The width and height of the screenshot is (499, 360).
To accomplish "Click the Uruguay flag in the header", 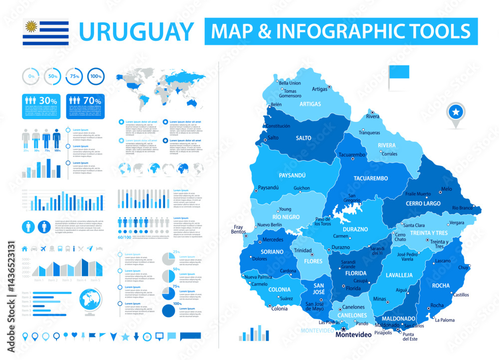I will pos(45,31).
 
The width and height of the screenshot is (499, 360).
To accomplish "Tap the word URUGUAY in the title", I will pos(136,31).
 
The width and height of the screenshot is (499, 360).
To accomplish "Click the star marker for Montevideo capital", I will pos(343,329).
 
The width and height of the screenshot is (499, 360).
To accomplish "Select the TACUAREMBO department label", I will pos(371,178).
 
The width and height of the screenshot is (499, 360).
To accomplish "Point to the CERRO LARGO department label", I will pos(423,204).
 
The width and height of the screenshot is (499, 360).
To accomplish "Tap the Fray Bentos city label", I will pos(238,230).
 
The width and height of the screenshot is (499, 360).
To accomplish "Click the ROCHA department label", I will pos(441,286).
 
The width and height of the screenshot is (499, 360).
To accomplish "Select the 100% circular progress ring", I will pos(96,76).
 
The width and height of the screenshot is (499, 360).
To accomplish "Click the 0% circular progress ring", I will pos(31,76).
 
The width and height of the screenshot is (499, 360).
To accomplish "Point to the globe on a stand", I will pos(91,303).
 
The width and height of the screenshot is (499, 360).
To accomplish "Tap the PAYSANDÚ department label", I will pos(292,175).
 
